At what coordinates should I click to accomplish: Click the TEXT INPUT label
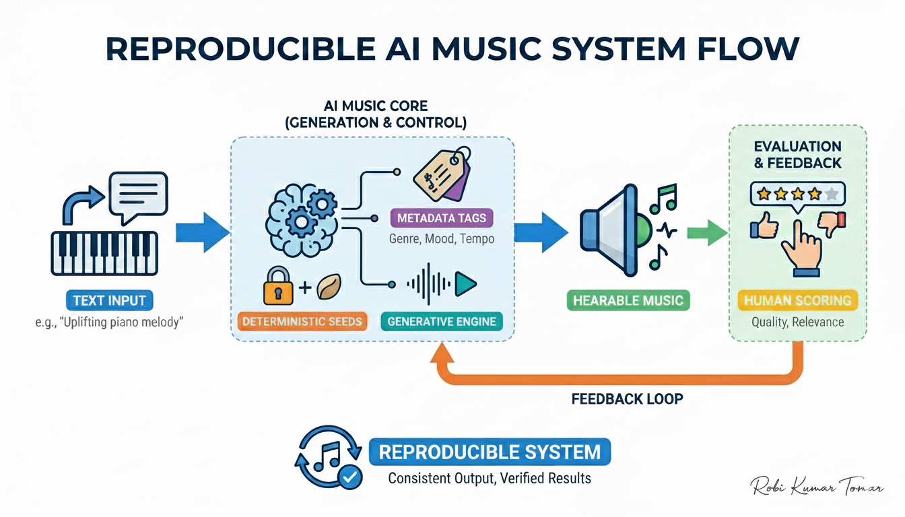click(109, 300)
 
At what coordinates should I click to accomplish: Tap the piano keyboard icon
click(104, 253)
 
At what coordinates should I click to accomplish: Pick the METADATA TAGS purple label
click(442, 218)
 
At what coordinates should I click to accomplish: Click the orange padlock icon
click(278, 287)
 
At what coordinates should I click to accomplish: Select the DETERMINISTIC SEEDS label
click(302, 321)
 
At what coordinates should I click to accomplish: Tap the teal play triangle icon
click(464, 285)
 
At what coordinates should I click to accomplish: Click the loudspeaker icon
click(609, 230)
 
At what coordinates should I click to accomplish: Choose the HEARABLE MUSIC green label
click(628, 300)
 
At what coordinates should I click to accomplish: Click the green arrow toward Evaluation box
click(706, 233)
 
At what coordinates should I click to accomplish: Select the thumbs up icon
click(764, 225)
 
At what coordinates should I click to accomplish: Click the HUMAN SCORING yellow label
click(797, 300)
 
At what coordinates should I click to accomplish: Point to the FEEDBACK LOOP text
click(627, 399)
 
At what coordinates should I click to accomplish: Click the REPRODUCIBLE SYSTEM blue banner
click(490, 451)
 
